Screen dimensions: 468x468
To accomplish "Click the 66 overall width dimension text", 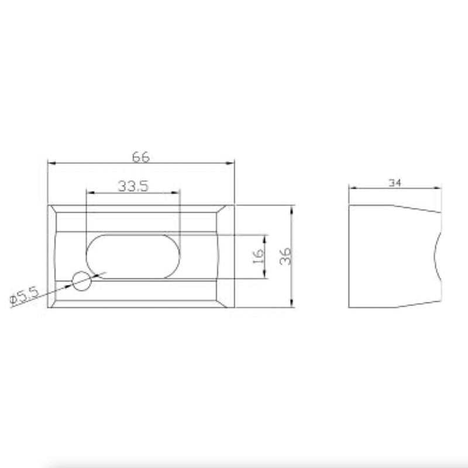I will (x=141, y=157).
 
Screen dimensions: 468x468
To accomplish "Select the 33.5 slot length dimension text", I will (x=133, y=186).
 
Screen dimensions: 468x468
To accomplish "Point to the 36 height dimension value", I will (x=285, y=256).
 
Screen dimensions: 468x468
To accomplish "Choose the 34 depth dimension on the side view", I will (x=395, y=183).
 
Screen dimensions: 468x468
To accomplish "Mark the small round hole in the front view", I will (x=82, y=281).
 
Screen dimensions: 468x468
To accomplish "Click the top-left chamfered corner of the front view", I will (x=53, y=209).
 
